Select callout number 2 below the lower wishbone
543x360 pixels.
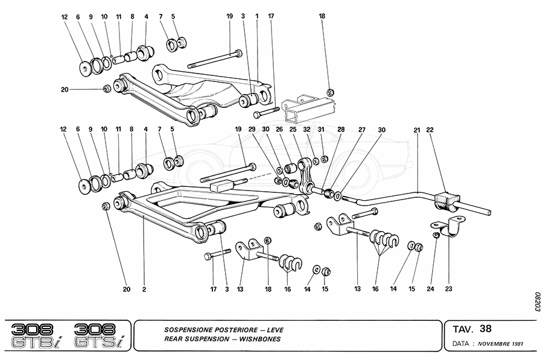tap(145, 289)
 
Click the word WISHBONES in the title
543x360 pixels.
tap(256, 339)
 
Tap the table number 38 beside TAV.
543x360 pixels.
tap(486, 329)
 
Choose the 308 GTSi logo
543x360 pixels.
tap(98, 335)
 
